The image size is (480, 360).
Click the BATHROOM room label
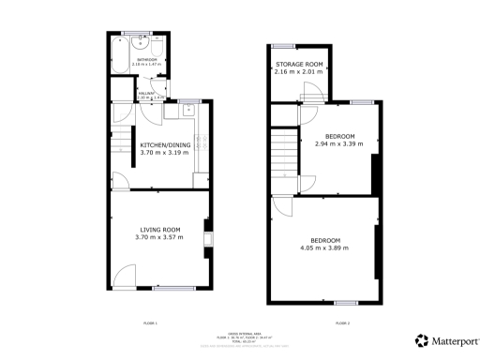(147, 59)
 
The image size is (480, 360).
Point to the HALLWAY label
(145, 93)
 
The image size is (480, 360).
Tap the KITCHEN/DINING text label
(165, 144)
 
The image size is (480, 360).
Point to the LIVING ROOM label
(160, 230)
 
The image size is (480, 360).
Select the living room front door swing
(126, 277)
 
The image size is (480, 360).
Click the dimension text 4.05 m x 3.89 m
(325, 247)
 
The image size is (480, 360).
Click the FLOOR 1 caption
(151, 322)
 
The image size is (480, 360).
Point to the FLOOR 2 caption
(341, 322)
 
